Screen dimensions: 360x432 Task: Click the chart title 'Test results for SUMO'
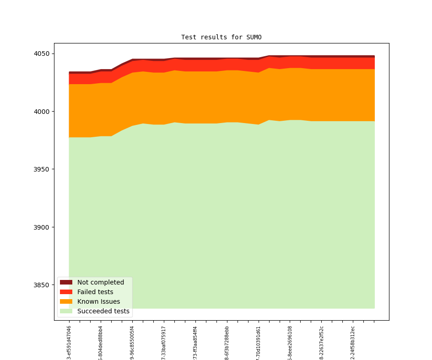tap(221, 37)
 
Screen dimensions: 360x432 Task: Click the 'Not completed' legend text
tap(101, 282)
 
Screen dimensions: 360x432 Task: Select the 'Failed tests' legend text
tap(95, 292)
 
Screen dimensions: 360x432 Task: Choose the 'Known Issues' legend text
tap(98, 301)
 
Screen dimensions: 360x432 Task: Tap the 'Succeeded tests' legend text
tap(103, 311)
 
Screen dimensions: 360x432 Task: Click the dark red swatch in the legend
tap(66, 282)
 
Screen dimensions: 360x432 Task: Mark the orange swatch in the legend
tap(66, 301)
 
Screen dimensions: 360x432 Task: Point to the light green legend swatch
tap(66, 311)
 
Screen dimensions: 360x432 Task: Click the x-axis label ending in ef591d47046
tap(69, 342)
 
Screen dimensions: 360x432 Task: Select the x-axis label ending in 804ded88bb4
tap(101, 342)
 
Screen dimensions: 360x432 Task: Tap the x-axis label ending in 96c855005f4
tap(132, 342)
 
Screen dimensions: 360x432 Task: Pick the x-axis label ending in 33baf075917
tap(164, 342)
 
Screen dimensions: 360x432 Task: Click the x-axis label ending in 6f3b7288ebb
tap(227, 342)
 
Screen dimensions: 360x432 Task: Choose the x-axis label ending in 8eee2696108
tap(290, 342)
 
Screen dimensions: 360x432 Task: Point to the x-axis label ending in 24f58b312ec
tap(353, 342)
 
